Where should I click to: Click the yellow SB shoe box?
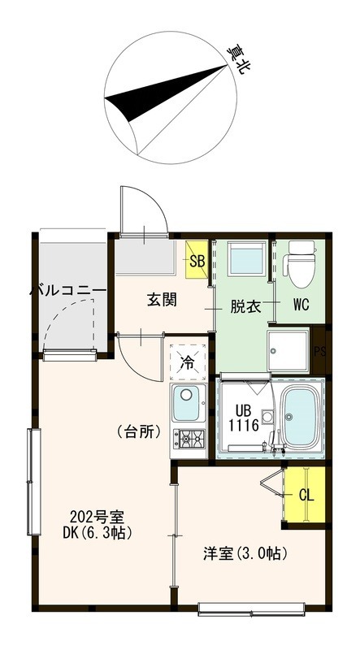point(197,260)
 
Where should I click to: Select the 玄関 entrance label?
point(163,300)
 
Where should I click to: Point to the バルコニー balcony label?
point(68,289)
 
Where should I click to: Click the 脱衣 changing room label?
point(245,306)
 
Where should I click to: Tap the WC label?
point(301,306)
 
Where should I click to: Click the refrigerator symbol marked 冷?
point(188,361)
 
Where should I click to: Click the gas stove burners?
point(190,439)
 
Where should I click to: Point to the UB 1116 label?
point(243,417)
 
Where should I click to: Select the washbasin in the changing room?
point(244,262)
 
